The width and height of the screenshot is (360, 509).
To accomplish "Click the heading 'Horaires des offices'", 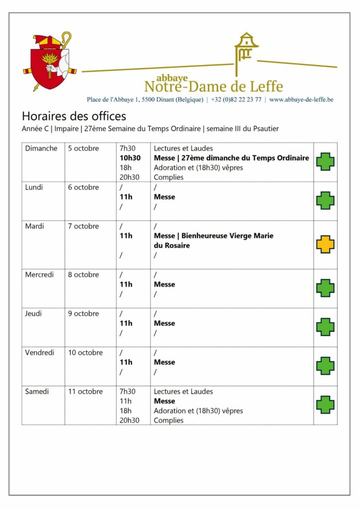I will (74, 116).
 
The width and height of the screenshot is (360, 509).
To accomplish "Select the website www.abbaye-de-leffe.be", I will (301, 99).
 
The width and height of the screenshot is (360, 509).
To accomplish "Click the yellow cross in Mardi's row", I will (325, 245).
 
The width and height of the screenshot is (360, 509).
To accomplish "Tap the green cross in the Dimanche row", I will (325, 162).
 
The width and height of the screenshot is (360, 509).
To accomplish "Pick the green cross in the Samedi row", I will (325, 405).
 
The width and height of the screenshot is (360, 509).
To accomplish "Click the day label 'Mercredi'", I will (39, 274).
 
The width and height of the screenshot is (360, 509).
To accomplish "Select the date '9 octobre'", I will (84, 314).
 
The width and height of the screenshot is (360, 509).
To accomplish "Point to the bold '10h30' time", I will (130, 158).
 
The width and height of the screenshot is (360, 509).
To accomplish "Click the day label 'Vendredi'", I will (39, 352).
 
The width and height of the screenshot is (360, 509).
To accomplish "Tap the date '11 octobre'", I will (86, 392).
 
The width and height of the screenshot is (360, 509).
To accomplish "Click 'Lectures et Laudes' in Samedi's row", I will (183, 392).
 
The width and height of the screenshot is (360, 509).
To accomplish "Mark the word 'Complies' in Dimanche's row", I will (169, 177).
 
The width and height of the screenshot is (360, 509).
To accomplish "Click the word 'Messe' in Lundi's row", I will (165, 197).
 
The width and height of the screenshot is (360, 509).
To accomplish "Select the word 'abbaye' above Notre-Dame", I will (172, 78).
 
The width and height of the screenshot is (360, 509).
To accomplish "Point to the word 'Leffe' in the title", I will (265, 86).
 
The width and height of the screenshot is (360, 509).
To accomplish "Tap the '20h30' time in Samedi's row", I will (129, 421).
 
